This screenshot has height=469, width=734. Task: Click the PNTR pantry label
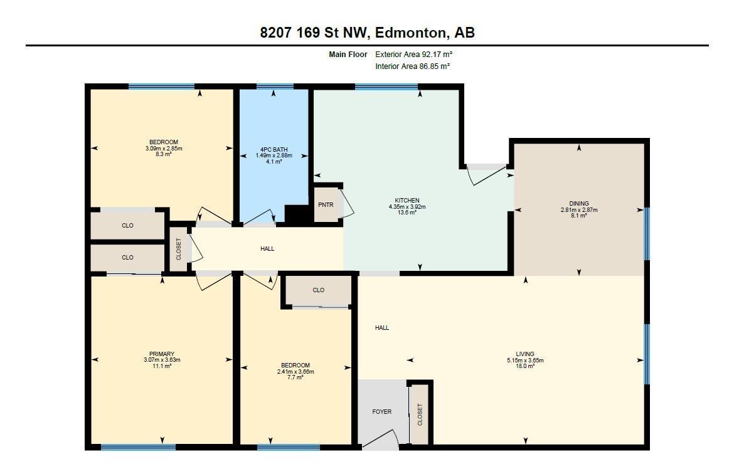pos(326,205)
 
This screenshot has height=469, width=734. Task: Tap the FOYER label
pos(381,412)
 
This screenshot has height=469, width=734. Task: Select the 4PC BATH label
pos(274,149)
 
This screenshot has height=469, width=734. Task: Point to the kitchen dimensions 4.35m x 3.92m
pos(403,207)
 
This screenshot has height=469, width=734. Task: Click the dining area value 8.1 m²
pos(578,216)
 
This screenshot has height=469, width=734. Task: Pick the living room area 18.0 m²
pos(525,366)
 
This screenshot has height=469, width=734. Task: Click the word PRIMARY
pos(162,354)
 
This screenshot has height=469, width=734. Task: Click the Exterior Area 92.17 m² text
pos(414,55)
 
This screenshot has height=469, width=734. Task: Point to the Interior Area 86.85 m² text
pos(412,66)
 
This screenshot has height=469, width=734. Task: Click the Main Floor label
pos(348,55)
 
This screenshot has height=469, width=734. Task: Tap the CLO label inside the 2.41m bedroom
pos(318,290)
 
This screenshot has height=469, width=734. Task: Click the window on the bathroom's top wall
pos(275,87)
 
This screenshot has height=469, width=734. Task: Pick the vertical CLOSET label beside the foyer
pos(420,414)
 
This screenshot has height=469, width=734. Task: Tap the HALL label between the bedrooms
pos(267,249)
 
